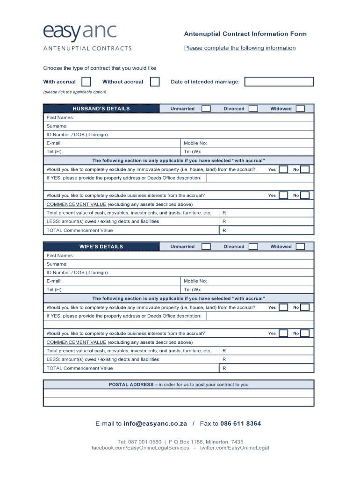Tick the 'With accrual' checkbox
pyautogui.click(x=86, y=82)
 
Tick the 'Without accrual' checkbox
pyautogui.click(x=155, y=82)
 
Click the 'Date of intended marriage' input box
pyautogui.click(x=279, y=82)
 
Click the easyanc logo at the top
pyautogui.click(x=80, y=33)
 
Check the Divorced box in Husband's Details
pyautogui.click(x=253, y=109)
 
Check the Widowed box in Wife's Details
pyautogui.click(x=301, y=247)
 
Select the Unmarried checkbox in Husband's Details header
pyautogui.click(x=206, y=109)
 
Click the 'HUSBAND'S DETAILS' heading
pyautogui.click(x=101, y=109)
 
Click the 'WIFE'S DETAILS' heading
pyautogui.click(x=101, y=247)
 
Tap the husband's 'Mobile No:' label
pyautogui.click(x=195, y=143)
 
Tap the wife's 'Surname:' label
pyautogui.click(x=57, y=264)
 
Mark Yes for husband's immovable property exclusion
pyautogui.click(x=283, y=169)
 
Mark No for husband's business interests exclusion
pyautogui.click(x=305, y=196)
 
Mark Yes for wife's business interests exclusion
pyautogui.click(x=283, y=334)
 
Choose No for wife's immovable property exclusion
pyautogui.click(x=305, y=307)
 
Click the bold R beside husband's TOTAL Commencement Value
pyautogui.click(x=224, y=230)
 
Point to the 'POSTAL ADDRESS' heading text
pyautogui.click(x=131, y=385)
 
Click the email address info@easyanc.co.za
pyautogui.click(x=155, y=424)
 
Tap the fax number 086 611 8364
pyautogui.click(x=240, y=424)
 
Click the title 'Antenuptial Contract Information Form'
pyautogui.click(x=245, y=34)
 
